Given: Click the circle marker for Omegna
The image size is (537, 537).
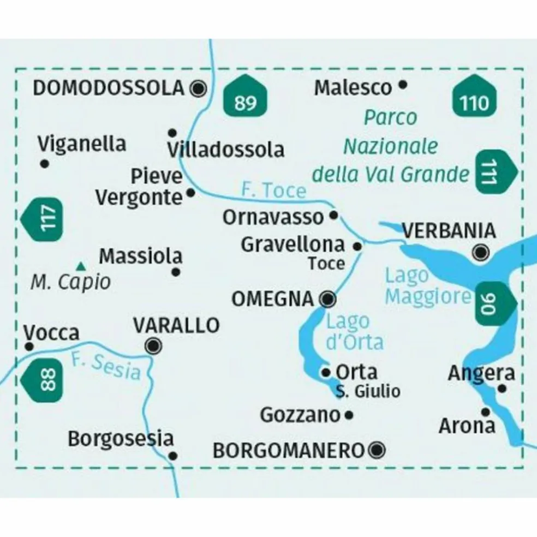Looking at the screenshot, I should click(x=328, y=299).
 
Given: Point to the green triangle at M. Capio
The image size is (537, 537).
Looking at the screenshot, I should click(x=81, y=266).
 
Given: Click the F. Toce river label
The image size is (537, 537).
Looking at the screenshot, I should click(x=273, y=190).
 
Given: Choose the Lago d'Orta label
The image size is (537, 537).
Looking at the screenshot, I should click(x=354, y=331).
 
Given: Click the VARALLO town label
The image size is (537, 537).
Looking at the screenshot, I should click(x=176, y=325).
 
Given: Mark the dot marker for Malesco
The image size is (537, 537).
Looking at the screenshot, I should click(x=403, y=85).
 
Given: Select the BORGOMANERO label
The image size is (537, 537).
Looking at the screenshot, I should click(x=288, y=451).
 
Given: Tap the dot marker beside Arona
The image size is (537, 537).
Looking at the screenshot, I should click(x=485, y=411).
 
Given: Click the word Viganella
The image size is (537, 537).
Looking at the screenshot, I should click(x=82, y=144).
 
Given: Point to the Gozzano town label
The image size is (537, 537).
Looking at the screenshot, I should click(x=300, y=415).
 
